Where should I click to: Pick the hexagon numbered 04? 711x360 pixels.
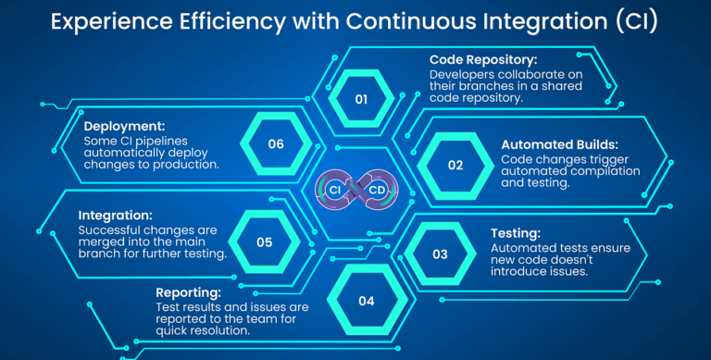pos(367,301)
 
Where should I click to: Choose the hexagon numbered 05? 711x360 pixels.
pos(264,242)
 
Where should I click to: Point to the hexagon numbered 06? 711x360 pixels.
pos(276,144)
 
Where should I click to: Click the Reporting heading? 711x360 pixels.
pos(189,291)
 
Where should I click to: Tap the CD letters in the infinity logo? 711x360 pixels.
pos(378,190)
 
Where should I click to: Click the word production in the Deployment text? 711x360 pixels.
pos(181,164)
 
